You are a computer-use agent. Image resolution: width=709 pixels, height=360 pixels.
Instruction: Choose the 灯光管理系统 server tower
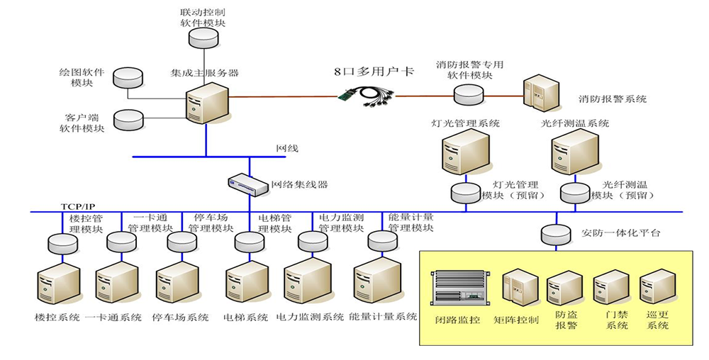[x=465, y=154]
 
